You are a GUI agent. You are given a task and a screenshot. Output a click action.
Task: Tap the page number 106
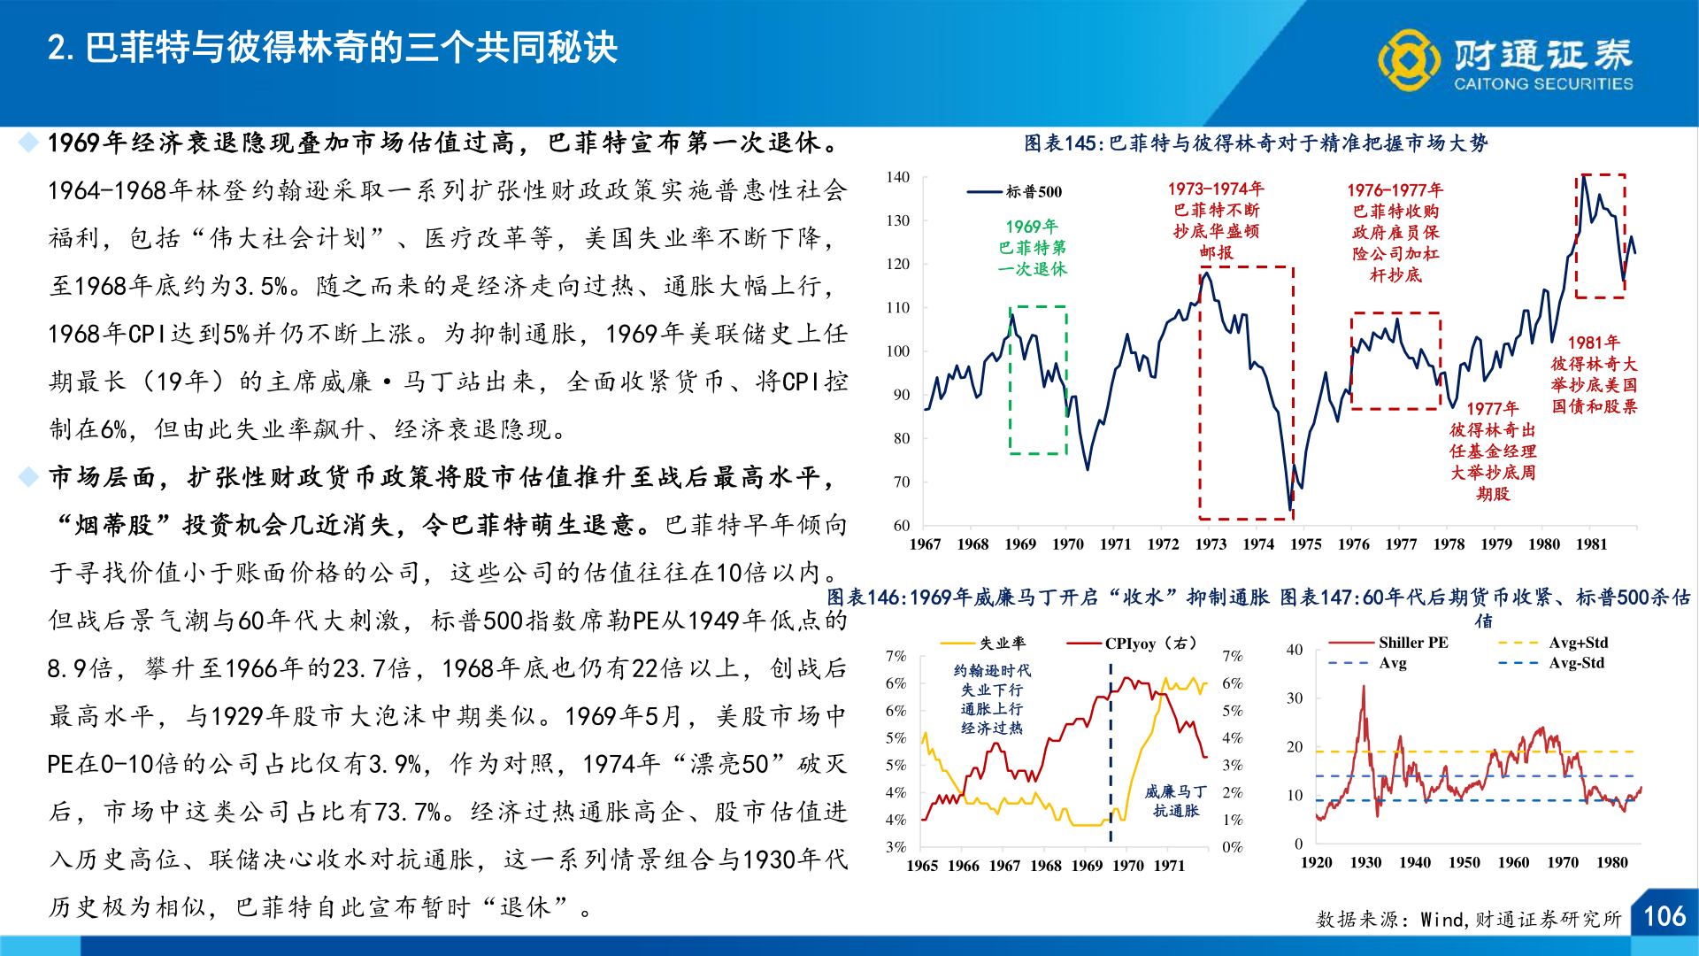coord(1664,916)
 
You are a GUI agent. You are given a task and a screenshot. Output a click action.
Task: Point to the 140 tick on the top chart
coord(898,177)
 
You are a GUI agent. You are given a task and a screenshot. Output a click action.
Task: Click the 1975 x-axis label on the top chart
coord(1305,544)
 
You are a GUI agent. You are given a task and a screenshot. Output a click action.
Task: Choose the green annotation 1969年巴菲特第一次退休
coord(1032,248)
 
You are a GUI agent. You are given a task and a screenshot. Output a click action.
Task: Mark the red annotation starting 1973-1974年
coord(1216,220)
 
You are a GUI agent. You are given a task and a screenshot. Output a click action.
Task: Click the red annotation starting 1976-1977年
coord(1395,232)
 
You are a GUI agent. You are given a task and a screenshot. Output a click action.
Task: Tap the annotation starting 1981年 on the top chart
coord(1594,374)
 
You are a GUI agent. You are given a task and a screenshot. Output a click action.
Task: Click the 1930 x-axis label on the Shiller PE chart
coord(1365,862)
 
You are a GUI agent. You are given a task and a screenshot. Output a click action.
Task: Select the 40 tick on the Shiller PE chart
coord(1294,650)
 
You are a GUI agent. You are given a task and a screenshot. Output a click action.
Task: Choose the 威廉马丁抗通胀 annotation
coord(1175,801)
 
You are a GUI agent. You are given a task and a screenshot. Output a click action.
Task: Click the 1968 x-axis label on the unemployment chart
coord(1045,866)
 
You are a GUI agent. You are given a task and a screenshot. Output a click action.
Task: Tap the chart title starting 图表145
coord(1256,143)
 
